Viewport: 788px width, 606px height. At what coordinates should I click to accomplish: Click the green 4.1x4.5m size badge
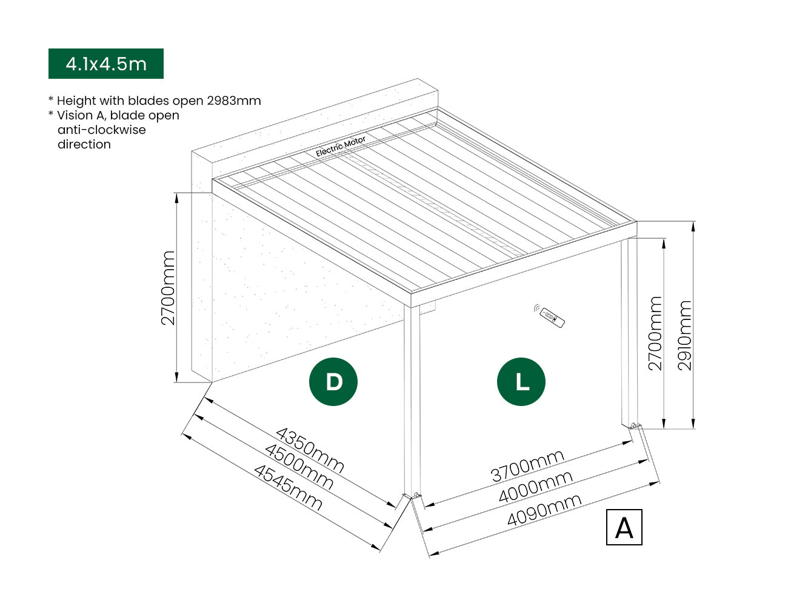pyautogui.click(x=106, y=64)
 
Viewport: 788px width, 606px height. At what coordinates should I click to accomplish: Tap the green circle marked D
pyautogui.click(x=333, y=382)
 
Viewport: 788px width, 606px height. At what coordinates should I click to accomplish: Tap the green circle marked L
pyautogui.click(x=521, y=382)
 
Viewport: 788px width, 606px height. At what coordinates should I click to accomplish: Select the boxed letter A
pyautogui.click(x=624, y=528)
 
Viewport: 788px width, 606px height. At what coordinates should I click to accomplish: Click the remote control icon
pyautogui.click(x=549, y=316)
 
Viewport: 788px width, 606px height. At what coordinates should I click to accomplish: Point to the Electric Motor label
pyautogui.click(x=341, y=147)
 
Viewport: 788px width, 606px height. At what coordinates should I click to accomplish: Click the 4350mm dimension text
pyautogui.click(x=310, y=450)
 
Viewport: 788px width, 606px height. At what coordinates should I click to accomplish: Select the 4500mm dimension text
pyautogui.click(x=299, y=467)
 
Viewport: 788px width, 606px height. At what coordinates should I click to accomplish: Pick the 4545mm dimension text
pyautogui.click(x=288, y=487)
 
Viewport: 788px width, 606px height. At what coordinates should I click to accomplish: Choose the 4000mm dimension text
pyautogui.click(x=535, y=487)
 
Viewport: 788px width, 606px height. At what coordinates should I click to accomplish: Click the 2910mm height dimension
pyautogui.click(x=684, y=335)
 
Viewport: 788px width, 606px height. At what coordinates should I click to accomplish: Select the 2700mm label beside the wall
pyautogui.click(x=168, y=288)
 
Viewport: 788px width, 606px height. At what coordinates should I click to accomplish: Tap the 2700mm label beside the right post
pyautogui.click(x=655, y=333)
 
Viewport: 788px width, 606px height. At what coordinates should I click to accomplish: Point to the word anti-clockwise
pyautogui.click(x=102, y=130)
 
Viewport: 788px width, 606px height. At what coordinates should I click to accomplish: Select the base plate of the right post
pyautogui.click(x=633, y=425)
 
